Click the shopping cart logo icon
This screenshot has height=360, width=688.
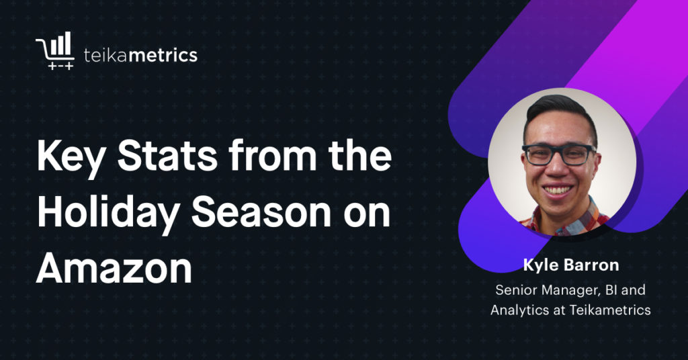[55, 50]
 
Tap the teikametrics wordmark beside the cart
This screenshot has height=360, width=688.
[140, 55]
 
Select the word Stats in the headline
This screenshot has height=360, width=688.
[167, 156]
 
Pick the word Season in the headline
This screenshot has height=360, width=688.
[261, 213]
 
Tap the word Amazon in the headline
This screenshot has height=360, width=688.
[114, 268]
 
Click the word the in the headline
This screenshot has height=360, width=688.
[361, 156]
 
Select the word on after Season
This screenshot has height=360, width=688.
[367, 216]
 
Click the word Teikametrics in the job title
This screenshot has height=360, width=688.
[610, 310]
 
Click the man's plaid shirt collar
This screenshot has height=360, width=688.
[566, 219]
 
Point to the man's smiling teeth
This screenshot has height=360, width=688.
[558, 190]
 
